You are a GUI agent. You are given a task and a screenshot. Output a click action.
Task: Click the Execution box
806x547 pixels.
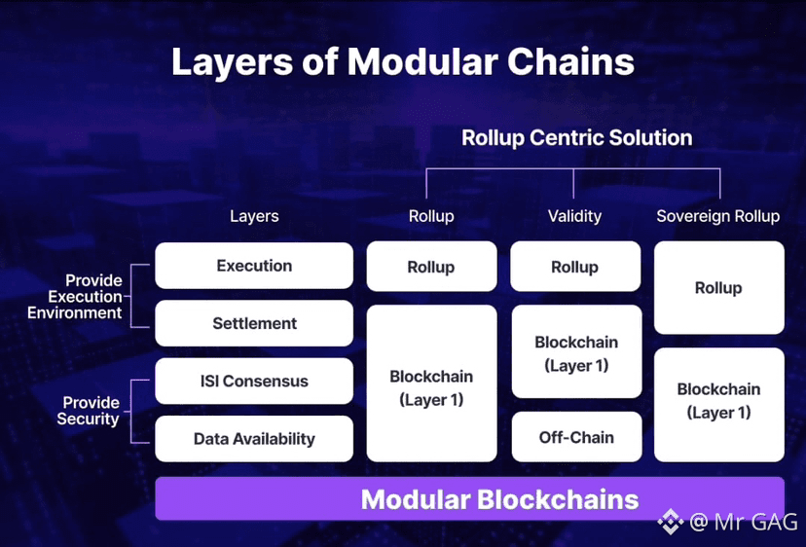pos(254,266)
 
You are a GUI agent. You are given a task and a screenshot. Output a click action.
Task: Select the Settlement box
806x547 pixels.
pos(254,323)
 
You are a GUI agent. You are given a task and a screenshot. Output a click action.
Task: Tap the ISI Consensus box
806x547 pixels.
pos(254,382)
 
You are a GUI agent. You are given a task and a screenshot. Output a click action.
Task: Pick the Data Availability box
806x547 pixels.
pos(254,439)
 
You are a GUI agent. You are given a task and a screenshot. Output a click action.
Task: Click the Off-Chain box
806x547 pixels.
pos(576,437)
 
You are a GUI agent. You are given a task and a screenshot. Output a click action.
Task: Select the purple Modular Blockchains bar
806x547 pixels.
pos(469,499)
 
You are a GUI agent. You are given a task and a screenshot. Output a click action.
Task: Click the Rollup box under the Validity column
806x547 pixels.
pos(575,267)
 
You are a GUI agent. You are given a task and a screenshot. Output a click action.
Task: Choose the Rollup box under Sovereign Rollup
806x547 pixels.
pos(718,288)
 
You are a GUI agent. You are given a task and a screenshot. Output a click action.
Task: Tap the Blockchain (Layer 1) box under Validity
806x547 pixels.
pos(576,352)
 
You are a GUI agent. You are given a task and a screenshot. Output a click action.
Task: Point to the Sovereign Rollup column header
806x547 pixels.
pos(718,216)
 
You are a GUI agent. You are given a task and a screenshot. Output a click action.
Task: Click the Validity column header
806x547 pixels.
pos(574,216)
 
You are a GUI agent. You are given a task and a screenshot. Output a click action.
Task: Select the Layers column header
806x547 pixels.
pos(254,216)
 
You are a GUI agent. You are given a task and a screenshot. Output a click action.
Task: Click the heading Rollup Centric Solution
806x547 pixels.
pos(576,137)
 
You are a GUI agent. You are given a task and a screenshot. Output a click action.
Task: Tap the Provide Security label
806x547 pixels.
pos(91,411)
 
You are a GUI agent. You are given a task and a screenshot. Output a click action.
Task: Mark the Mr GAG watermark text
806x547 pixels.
pos(749,523)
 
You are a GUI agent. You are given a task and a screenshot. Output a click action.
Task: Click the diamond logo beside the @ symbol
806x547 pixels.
pos(670,523)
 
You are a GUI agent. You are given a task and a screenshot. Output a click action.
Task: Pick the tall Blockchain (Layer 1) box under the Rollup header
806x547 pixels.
pos(431,387)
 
